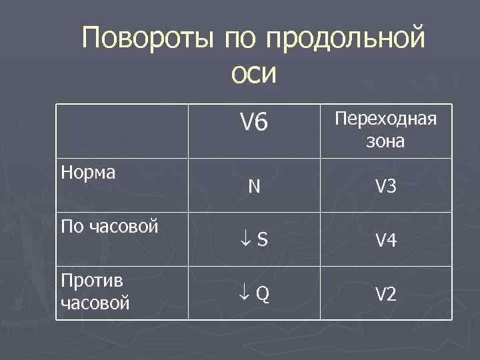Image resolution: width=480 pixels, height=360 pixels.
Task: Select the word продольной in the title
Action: point(345,38)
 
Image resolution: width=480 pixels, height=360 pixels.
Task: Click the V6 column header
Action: point(253,122)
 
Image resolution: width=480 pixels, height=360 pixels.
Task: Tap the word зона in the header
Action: point(385,141)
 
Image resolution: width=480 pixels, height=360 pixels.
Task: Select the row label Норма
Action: point(88,173)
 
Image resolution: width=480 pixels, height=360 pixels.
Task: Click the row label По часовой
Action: point(109,226)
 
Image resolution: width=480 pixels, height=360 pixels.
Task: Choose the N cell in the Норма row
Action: point(254,187)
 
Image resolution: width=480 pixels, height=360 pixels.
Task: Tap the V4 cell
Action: point(385,241)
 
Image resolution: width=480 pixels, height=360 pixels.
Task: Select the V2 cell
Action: point(385,294)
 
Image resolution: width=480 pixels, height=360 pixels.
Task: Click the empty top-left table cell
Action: point(121,131)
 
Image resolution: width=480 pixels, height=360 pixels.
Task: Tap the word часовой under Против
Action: point(95,304)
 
